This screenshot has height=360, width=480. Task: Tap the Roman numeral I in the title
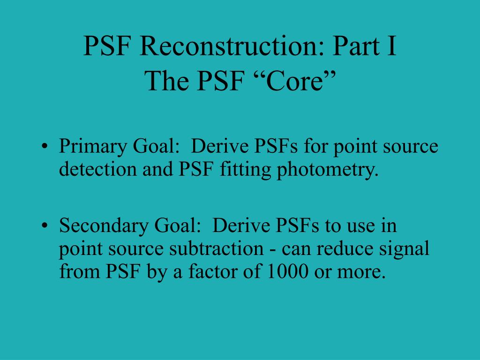tap(391, 46)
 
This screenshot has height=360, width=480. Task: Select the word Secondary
tap(104, 226)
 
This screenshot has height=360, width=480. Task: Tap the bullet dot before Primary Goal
tap(45, 146)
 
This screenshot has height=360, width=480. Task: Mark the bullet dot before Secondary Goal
tap(45, 225)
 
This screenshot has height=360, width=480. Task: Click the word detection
tap(97, 169)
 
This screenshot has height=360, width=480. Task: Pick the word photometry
tap(328, 170)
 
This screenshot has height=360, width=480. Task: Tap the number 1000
tap(288, 271)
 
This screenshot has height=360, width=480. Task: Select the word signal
tap(404, 249)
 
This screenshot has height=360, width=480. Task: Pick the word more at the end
tap(361, 272)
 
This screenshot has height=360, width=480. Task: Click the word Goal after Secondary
tap(177, 226)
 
